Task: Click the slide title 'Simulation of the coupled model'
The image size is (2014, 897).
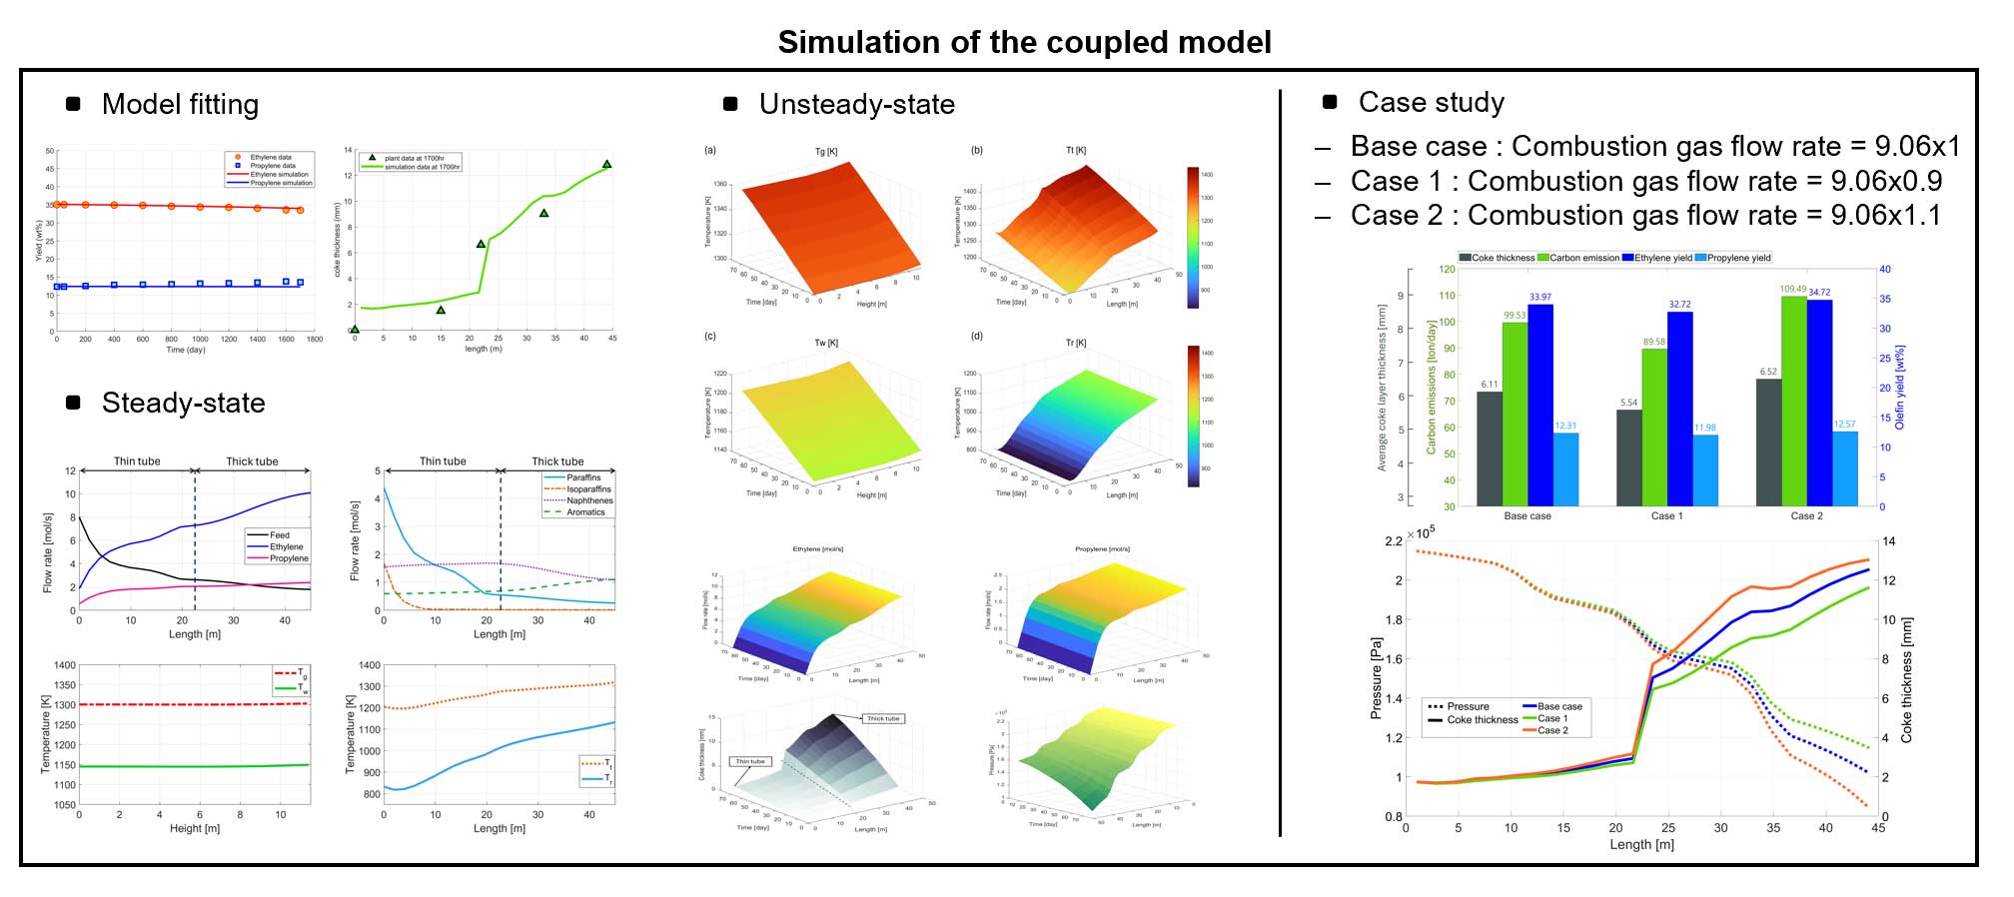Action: (1024, 42)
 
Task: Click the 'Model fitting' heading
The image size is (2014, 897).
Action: (180, 104)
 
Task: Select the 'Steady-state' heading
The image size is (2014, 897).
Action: (183, 403)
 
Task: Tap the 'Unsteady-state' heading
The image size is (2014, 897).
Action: (856, 104)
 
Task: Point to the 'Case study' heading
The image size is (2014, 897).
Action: (1431, 102)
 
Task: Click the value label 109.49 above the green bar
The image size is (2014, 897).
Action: (1792, 290)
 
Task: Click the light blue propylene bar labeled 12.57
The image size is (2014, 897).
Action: (1844, 468)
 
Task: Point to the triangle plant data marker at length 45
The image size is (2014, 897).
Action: (606, 164)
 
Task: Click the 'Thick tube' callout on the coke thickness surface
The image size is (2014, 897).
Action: (883, 718)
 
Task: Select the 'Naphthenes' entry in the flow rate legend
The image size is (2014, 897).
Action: (589, 500)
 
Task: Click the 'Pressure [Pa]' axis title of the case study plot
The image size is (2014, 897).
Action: (1376, 678)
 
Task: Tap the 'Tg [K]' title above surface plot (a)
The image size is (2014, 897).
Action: (826, 152)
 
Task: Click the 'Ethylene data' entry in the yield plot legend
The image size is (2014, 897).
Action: (270, 157)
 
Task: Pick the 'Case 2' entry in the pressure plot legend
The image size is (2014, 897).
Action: (1552, 730)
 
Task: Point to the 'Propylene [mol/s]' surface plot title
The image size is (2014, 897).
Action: (1102, 548)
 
